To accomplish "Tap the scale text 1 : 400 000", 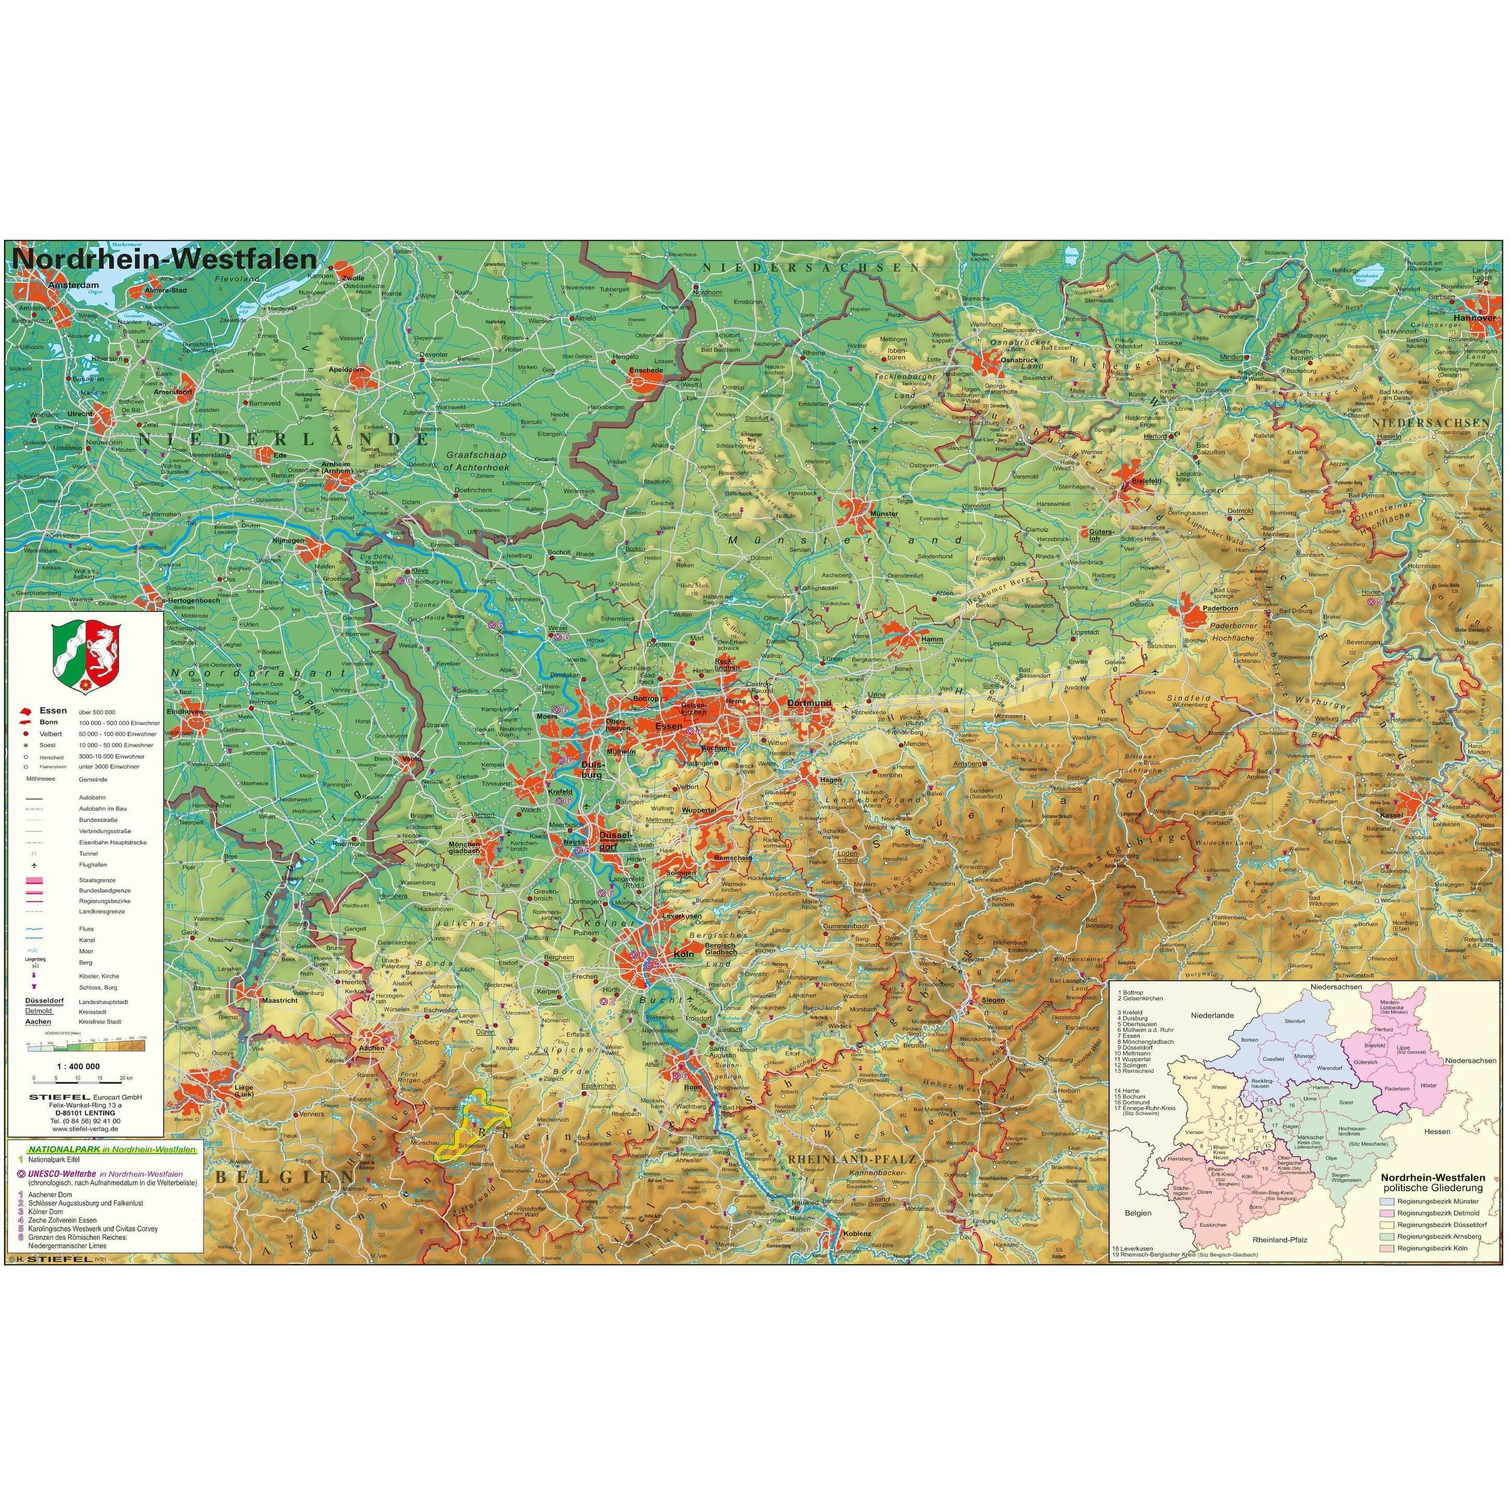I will (78, 1066).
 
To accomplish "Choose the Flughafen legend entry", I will (92, 865).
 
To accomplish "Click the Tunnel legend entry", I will (88, 854).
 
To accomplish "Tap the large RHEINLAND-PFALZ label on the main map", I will (852, 1159).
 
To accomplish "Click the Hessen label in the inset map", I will (1437, 1131).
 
